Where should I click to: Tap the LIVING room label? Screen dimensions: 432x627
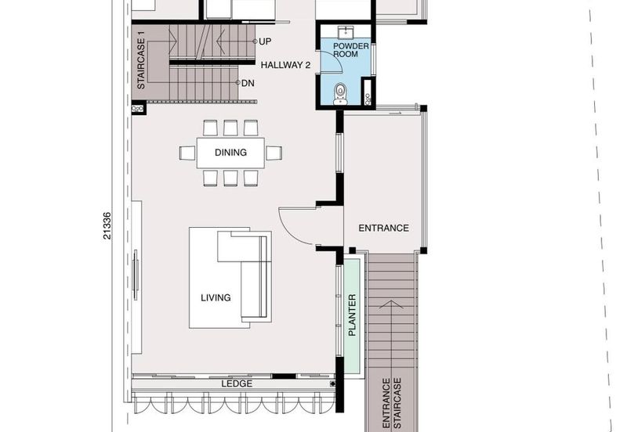click(216, 297)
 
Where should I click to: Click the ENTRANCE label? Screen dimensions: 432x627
click(383, 229)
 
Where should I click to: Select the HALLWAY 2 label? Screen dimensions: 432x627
click(287, 65)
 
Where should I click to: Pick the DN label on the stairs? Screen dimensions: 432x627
click(248, 82)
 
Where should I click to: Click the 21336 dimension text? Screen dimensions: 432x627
click(107, 227)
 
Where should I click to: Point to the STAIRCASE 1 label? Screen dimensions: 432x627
click(141, 60)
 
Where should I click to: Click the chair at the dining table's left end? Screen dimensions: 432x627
click(187, 153)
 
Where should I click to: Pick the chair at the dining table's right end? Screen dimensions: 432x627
click(274, 153)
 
